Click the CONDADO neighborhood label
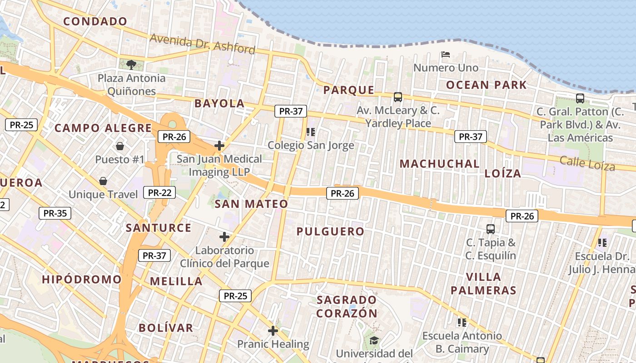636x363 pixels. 95,21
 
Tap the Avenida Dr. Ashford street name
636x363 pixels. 202,44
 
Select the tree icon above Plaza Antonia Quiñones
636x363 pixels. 131,64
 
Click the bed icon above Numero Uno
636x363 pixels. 446,54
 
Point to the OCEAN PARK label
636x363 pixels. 486,85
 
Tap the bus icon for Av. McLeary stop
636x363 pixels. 398,97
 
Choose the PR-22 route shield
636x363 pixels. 159,192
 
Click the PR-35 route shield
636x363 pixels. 55,213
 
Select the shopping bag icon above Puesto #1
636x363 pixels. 120,146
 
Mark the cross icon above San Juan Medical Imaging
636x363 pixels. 219,146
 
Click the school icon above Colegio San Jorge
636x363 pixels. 311,132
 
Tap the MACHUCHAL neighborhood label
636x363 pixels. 439,164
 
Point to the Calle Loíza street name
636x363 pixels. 587,163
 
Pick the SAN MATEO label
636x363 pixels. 251,204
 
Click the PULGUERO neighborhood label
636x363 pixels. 330,231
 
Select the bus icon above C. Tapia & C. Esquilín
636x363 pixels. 491,229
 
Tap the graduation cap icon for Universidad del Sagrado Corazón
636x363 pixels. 374,340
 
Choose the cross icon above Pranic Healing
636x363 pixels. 273,331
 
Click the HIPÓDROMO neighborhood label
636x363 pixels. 82,279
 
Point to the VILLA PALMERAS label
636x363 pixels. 483,284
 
